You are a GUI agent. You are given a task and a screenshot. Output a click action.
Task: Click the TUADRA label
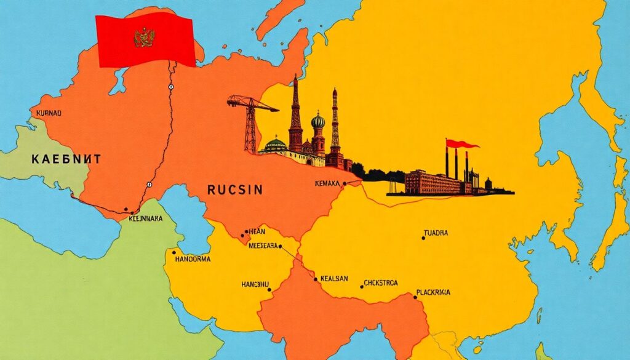click(x=436, y=233)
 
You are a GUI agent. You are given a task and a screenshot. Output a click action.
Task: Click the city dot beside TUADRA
click(x=424, y=238)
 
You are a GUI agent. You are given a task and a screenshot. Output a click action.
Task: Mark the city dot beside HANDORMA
click(x=174, y=252)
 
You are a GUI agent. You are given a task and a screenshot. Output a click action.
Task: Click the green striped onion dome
click(x=317, y=121)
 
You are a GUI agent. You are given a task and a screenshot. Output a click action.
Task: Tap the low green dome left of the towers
click(x=276, y=145)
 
